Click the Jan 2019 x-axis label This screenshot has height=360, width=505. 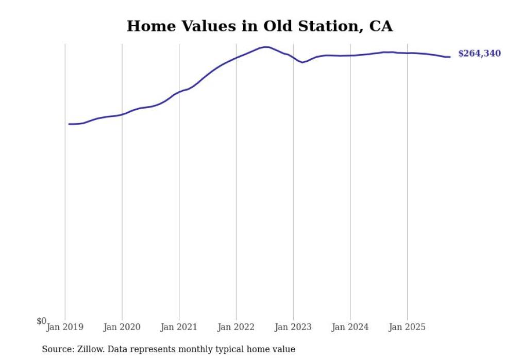[x=65, y=327]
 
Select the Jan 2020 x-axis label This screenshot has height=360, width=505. [x=122, y=327]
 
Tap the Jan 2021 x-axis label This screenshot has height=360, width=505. [x=179, y=327]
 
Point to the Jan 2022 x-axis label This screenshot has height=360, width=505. [x=236, y=327]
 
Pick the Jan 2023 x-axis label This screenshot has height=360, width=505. [x=293, y=327]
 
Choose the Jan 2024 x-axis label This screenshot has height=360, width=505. [x=350, y=327]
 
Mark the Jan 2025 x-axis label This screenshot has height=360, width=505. [x=407, y=327]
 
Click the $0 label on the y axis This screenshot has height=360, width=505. [x=41, y=321]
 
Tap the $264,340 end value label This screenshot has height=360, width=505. [x=479, y=54]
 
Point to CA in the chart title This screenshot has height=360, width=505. [x=381, y=26]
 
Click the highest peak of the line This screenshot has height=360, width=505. [x=266, y=47]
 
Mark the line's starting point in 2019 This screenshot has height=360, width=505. [x=69, y=124]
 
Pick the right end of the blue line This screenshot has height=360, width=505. [x=450, y=57]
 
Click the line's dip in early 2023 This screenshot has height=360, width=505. [x=302, y=62]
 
